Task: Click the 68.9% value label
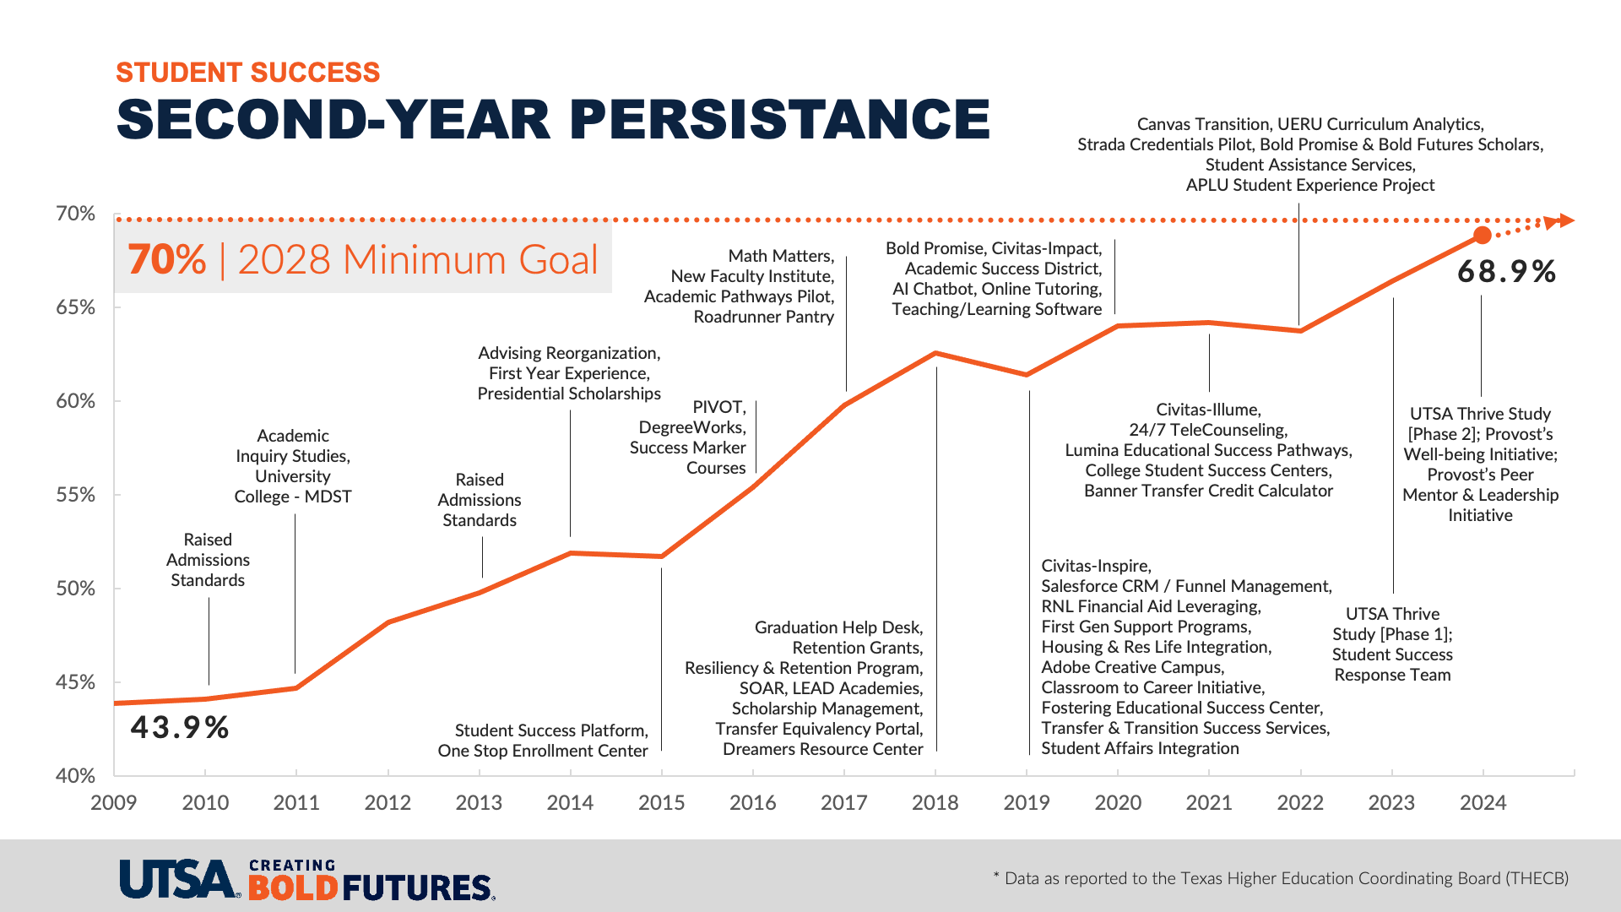[1506, 272]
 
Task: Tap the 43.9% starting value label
[179, 728]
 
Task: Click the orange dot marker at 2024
[1482, 235]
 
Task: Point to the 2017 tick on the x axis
[844, 802]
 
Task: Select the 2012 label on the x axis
[388, 802]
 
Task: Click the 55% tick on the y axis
[76, 495]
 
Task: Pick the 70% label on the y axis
[76, 214]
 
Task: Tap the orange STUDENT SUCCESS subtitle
[247, 73]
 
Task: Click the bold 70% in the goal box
[167, 259]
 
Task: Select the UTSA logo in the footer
[178, 879]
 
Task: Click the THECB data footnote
[1281, 878]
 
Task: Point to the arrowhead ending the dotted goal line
[1565, 220]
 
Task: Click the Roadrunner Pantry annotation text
[763, 317]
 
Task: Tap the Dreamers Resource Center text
[822, 749]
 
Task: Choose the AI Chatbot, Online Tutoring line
[996, 289]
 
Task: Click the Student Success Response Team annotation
[1392, 665]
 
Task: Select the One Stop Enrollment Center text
[542, 751]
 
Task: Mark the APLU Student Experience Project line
[1309, 185]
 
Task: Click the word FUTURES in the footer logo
[418, 888]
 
